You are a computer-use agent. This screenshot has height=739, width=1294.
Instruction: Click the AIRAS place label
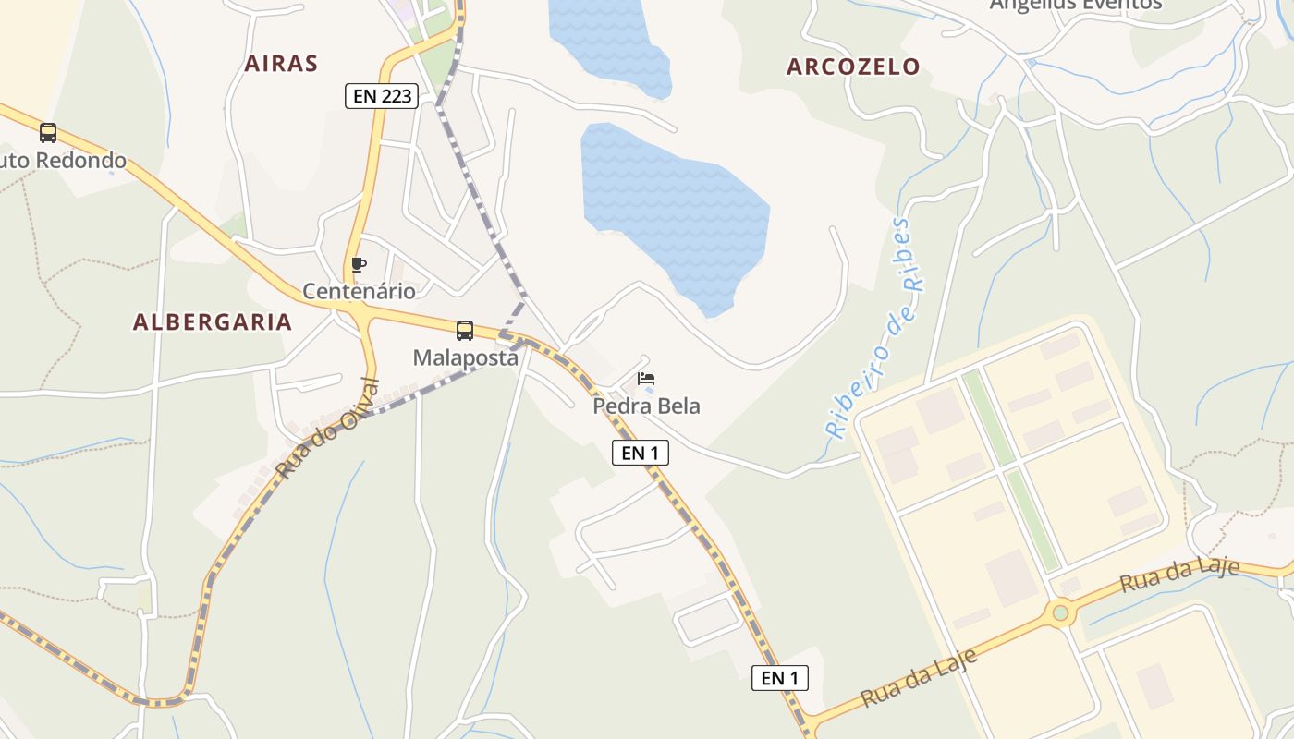[281, 64]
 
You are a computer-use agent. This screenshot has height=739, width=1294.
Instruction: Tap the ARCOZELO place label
[853, 67]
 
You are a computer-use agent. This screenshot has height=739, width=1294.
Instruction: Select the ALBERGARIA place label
[213, 321]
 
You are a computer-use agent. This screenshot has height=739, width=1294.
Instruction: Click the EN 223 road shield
[382, 95]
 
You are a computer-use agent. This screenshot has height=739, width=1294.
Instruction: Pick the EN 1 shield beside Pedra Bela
[640, 453]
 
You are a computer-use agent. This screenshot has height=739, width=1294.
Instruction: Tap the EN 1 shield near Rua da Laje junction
[779, 678]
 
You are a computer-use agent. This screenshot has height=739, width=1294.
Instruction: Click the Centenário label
[359, 291]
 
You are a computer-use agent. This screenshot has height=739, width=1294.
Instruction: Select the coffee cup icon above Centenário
[359, 265]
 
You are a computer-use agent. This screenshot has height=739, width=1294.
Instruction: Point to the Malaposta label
[465, 357]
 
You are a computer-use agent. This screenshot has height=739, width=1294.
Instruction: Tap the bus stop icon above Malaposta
[465, 331]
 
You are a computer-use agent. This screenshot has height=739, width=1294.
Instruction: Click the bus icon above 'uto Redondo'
[48, 133]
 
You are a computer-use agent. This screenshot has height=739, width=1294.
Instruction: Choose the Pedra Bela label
[646, 406]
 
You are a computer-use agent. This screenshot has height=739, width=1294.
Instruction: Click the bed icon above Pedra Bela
[646, 379]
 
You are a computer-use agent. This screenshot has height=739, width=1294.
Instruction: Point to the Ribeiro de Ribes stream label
[873, 328]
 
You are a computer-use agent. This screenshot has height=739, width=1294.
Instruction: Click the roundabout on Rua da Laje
[1060, 612]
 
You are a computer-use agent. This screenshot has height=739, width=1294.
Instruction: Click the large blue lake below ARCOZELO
[675, 212]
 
